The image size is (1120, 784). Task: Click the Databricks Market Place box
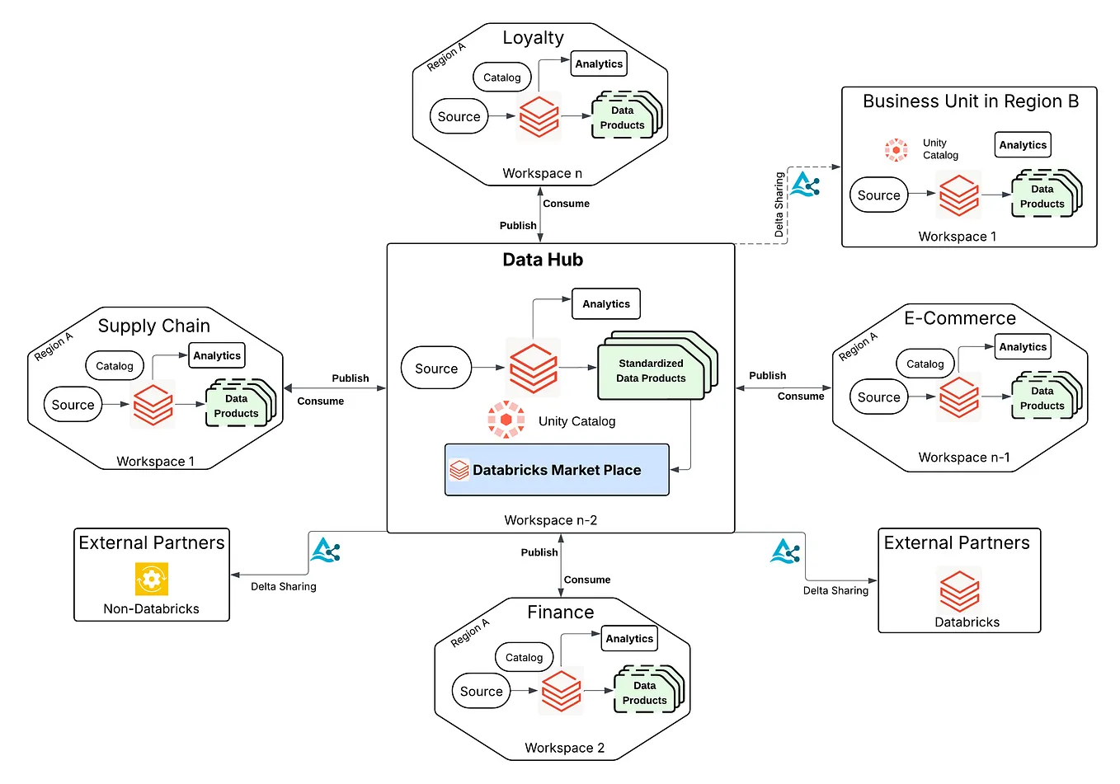(557, 470)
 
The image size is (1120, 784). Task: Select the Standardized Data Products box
(651, 371)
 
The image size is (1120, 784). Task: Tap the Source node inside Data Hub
(435, 369)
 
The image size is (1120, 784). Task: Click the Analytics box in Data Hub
(605, 303)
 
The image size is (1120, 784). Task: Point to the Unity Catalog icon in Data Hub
(506, 420)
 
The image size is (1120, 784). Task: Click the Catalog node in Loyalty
(501, 77)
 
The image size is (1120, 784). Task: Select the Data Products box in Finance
(644, 692)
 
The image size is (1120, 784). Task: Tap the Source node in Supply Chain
(73, 405)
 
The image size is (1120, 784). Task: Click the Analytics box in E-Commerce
(1023, 347)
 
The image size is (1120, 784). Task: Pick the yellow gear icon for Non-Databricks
(152, 579)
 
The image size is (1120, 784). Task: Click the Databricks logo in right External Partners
(959, 590)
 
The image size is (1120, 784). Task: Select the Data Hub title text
(543, 260)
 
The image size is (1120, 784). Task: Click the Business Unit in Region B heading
(970, 101)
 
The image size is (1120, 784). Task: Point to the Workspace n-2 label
(550, 520)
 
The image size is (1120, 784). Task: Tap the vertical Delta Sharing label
(779, 204)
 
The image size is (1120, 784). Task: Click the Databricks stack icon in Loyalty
(539, 116)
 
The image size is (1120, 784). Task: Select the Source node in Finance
(481, 692)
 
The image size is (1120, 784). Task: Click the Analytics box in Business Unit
(1023, 145)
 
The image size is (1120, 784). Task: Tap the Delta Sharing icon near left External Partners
(325, 550)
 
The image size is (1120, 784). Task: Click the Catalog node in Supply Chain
(115, 366)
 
